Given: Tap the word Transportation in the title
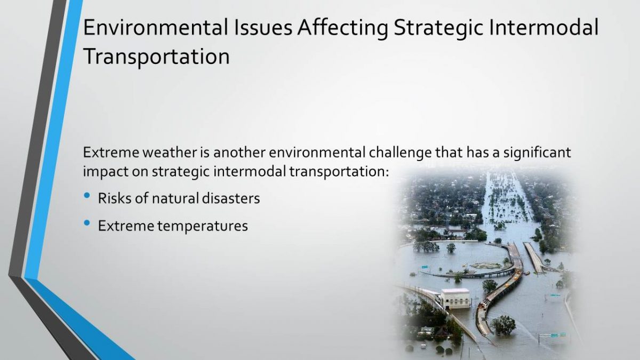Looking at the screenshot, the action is coord(156,57).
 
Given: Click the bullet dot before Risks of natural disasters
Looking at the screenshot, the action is coord(87,196).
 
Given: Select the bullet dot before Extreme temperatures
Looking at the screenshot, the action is coord(87,223).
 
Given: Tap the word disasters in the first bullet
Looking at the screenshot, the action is coord(231,198).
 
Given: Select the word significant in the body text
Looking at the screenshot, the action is coord(537,153).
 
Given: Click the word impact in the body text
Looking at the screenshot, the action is coord(105,172).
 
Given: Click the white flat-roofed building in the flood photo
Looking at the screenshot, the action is coord(455,299).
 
